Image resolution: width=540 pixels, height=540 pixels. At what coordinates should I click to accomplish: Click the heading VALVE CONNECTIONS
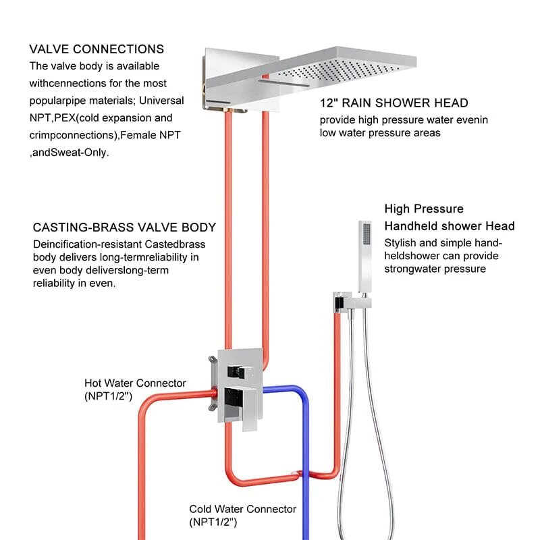click(97, 49)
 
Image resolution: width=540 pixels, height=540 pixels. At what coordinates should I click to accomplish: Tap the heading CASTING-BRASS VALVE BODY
click(124, 227)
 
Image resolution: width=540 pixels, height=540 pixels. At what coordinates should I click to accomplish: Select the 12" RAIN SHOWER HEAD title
click(394, 103)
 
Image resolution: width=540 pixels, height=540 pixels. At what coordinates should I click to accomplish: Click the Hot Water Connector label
click(135, 383)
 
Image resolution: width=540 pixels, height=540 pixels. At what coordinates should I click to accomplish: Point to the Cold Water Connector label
click(242, 509)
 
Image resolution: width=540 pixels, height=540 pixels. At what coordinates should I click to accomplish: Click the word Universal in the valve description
click(162, 100)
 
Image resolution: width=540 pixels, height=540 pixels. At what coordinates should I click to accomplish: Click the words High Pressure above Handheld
click(424, 209)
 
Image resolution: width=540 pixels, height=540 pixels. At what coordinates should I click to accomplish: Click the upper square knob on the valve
click(236, 369)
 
